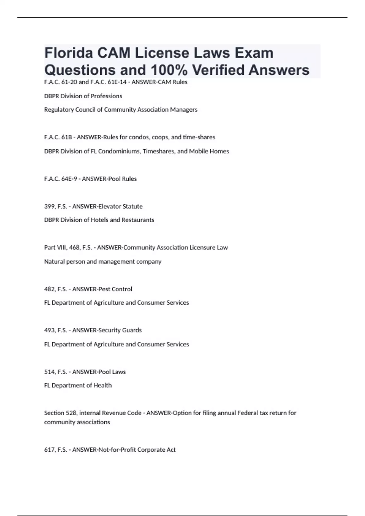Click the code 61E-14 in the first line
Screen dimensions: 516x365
coord(117,82)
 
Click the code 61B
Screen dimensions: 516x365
coord(67,137)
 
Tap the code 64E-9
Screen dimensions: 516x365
coord(69,179)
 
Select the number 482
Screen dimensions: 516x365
coord(50,289)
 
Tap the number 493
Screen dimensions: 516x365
coord(50,330)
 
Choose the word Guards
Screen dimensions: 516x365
coord(132,330)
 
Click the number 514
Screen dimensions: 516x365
coord(50,372)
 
